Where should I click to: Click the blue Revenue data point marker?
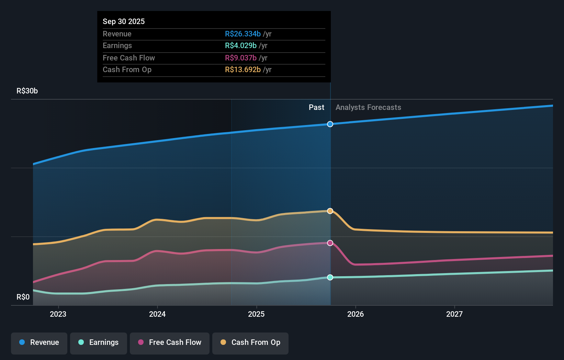click(330, 124)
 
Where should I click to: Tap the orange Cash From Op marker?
click(330, 211)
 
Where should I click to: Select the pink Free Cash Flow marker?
click(330, 243)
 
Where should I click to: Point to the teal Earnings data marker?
click(330, 277)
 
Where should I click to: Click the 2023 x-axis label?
click(58, 314)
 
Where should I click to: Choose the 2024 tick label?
click(157, 314)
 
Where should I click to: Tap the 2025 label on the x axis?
click(256, 314)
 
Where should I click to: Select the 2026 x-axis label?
click(356, 314)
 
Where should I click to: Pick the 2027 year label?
click(454, 314)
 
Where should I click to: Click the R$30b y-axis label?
click(27, 91)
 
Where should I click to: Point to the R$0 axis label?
click(23, 297)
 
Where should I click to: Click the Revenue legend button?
click(39, 343)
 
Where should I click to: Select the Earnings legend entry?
click(99, 343)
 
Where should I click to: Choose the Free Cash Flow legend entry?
click(170, 343)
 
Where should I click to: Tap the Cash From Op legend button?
click(250, 343)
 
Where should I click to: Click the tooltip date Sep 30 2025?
click(124, 21)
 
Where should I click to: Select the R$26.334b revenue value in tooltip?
click(243, 34)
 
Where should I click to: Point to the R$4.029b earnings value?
click(241, 46)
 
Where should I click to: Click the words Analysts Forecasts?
click(368, 108)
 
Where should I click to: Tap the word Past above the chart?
click(316, 108)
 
